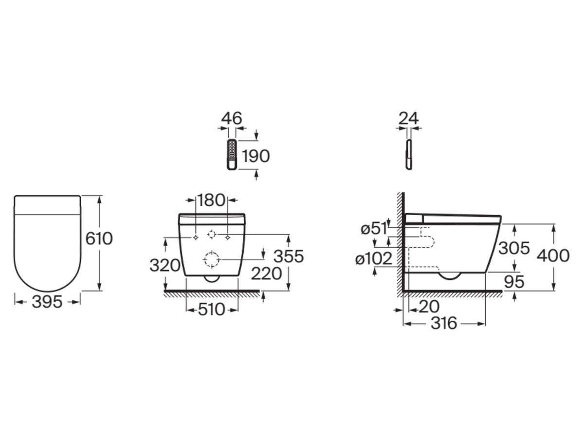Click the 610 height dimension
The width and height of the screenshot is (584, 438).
click(x=99, y=238)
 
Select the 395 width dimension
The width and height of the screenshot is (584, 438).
click(x=47, y=302)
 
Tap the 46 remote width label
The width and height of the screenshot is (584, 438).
click(x=232, y=118)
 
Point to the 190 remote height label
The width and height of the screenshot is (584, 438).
click(x=255, y=156)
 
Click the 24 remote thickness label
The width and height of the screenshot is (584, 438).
click(x=408, y=118)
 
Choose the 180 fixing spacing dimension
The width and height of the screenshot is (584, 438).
click(x=212, y=200)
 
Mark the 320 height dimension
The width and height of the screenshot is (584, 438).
click(x=165, y=265)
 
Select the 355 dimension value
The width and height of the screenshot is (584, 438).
click(x=289, y=256)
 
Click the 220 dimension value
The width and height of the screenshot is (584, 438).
click(x=266, y=274)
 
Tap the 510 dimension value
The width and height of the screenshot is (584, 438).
click(x=212, y=310)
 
